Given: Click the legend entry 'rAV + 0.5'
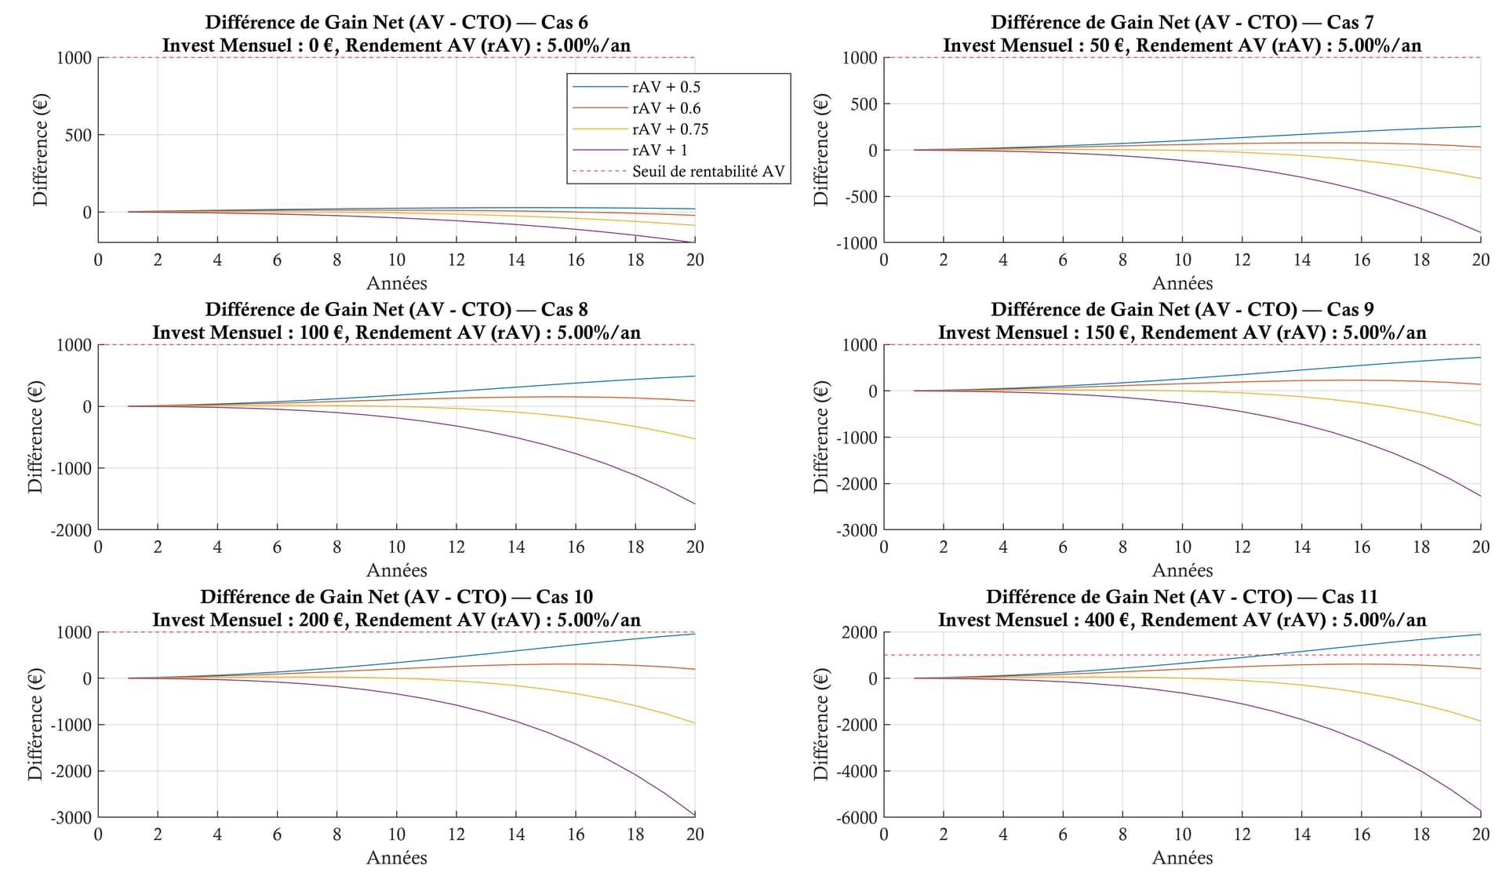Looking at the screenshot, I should [x=666, y=87].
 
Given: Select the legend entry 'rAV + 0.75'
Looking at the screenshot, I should [x=670, y=129].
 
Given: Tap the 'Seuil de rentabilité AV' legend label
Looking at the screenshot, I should [x=708, y=172].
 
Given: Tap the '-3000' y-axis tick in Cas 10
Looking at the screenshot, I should [x=71, y=817].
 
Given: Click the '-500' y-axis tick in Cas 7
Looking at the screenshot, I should [x=859, y=196].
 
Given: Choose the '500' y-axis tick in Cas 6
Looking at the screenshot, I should [x=77, y=135].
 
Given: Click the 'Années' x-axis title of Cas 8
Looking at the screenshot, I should [x=396, y=570].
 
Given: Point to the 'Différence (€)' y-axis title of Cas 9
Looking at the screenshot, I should [x=821, y=437].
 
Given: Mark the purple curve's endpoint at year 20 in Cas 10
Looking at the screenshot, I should [x=694, y=815].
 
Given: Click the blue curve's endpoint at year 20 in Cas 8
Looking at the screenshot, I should [x=694, y=376].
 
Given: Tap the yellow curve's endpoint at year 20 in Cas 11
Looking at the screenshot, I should [x=1480, y=722].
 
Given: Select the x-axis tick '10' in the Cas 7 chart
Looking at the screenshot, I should [x=1182, y=260].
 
